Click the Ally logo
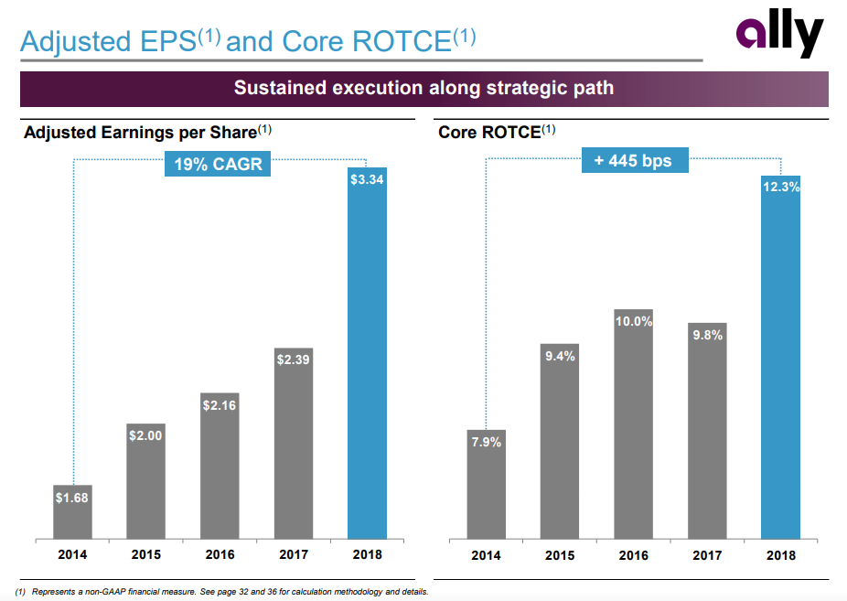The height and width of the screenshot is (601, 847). click(779, 38)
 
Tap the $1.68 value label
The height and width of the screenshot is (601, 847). click(72, 499)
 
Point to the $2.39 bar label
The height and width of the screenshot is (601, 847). click(293, 360)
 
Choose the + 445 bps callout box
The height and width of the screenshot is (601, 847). click(633, 161)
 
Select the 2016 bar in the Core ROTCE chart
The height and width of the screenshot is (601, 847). click(633, 430)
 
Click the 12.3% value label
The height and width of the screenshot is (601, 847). click(780, 188)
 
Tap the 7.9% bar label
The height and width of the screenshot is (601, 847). click(487, 443)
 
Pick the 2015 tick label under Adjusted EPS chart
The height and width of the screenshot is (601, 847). click(145, 554)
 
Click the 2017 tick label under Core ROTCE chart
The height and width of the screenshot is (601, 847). click(707, 555)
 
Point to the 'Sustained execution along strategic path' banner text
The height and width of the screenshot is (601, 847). click(423, 89)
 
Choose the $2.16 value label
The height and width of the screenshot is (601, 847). click(220, 405)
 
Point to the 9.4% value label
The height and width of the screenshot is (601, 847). click(560, 357)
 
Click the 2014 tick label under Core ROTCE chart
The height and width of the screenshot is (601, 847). click(487, 555)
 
